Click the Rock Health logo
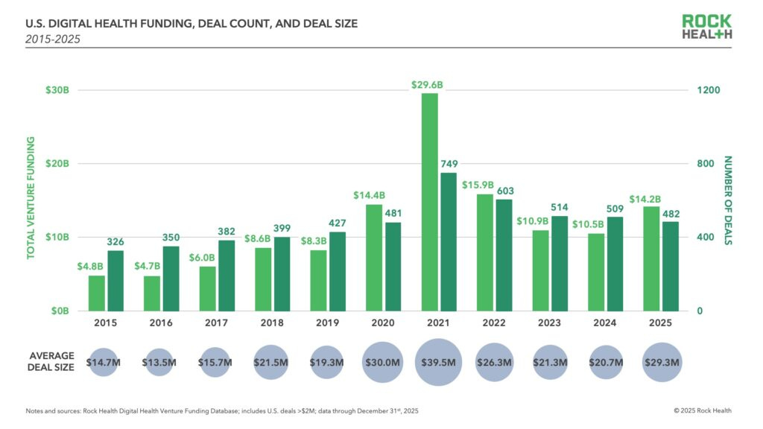[706, 27]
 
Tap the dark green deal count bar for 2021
[449, 241]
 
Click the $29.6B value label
[427, 85]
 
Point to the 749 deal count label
[449, 164]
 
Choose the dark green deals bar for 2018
[282, 273]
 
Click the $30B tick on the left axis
[57, 90]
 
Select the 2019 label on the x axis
[327, 323]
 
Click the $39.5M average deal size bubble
[438, 362]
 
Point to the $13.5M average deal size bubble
[160, 362]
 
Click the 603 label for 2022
[505, 191]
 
